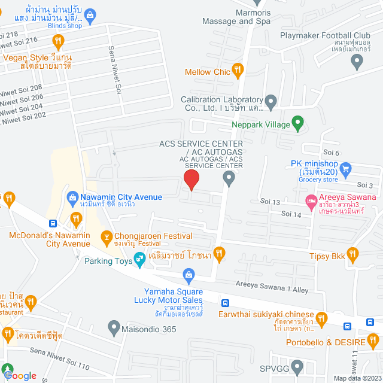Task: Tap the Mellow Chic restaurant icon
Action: [238, 72]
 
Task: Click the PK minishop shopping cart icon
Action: [345, 169]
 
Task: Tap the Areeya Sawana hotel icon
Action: [310, 200]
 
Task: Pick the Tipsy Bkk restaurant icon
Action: [353, 254]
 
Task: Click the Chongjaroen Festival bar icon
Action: [107, 238]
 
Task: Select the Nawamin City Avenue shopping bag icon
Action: [72, 197]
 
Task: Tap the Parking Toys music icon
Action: [139, 259]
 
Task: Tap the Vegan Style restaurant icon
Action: [58, 42]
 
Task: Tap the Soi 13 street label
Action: [270, 202]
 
